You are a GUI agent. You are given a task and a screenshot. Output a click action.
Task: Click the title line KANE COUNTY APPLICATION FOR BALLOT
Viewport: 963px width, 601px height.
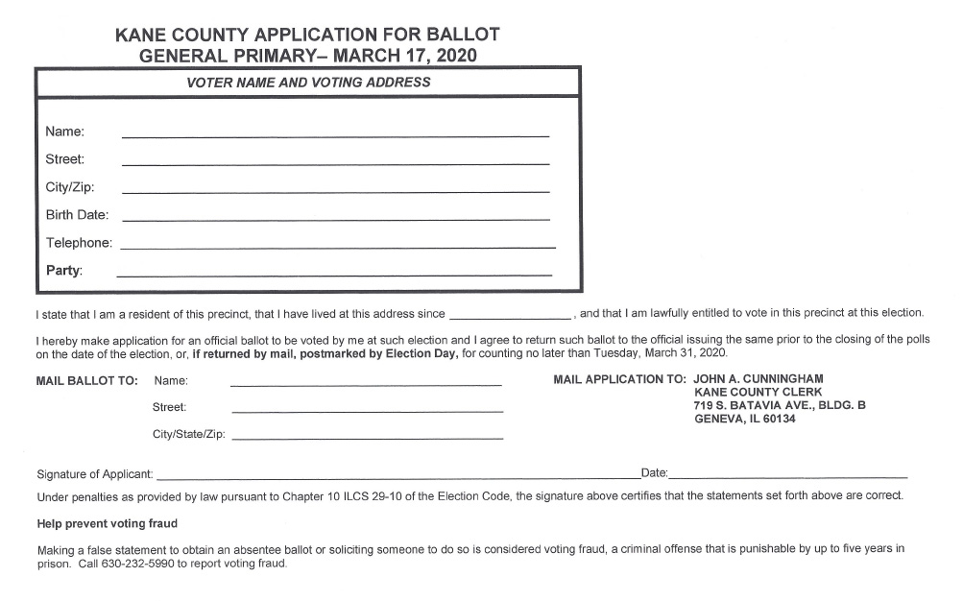(307, 35)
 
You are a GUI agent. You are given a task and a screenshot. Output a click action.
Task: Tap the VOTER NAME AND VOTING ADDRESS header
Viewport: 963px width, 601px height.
(307, 83)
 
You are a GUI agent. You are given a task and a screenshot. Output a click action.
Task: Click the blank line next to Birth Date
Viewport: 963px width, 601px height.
(335, 218)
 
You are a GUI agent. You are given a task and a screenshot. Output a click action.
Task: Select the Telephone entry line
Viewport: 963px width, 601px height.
(337, 246)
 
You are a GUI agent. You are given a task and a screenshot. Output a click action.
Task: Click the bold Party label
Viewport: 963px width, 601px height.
(64, 271)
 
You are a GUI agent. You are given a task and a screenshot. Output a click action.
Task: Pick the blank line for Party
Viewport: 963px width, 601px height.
(334, 274)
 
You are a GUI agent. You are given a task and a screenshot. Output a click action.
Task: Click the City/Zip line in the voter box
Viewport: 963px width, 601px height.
(335, 190)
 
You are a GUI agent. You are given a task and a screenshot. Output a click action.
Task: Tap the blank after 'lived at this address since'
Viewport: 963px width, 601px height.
(510, 315)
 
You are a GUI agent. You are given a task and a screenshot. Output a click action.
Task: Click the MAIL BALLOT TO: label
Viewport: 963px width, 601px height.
(87, 380)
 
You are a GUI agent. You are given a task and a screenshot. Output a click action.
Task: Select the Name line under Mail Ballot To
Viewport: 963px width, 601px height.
(366, 383)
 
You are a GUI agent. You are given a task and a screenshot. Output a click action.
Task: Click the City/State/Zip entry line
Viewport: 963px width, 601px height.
(368, 437)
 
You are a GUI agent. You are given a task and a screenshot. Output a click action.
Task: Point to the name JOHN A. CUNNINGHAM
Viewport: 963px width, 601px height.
(758, 379)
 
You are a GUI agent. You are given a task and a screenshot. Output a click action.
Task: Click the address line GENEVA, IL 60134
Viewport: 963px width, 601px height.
(744, 420)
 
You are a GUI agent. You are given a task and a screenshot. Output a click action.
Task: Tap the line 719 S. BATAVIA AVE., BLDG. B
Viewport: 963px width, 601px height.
(780, 406)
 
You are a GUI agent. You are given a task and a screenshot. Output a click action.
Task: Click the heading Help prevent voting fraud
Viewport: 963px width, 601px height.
(107, 524)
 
